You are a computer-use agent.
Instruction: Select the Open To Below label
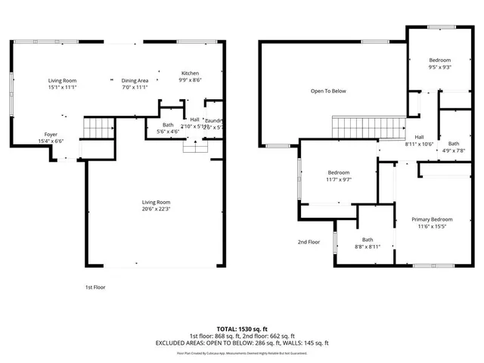point(328,91)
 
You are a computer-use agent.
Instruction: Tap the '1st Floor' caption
point(95,287)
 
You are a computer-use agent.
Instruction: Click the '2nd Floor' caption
point(309,242)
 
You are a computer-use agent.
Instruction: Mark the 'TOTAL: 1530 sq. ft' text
point(241,329)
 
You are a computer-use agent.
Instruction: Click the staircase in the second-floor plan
point(368,127)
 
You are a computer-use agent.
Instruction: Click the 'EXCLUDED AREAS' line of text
point(241,343)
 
